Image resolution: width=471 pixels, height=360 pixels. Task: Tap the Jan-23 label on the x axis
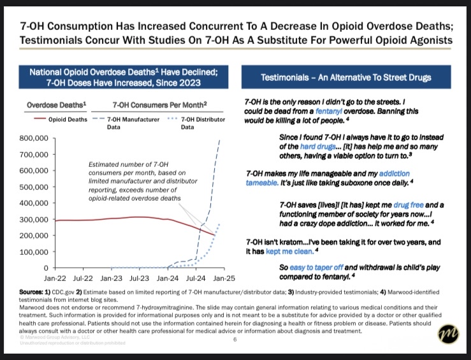click(x=111, y=278)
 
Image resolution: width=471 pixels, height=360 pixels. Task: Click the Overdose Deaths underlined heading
click(x=57, y=104)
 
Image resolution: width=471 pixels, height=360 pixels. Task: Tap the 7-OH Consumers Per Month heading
click(x=159, y=104)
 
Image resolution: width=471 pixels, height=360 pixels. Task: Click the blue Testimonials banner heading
click(x=346, y=77)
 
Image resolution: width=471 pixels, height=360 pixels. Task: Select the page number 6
click(x=235, y=340)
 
